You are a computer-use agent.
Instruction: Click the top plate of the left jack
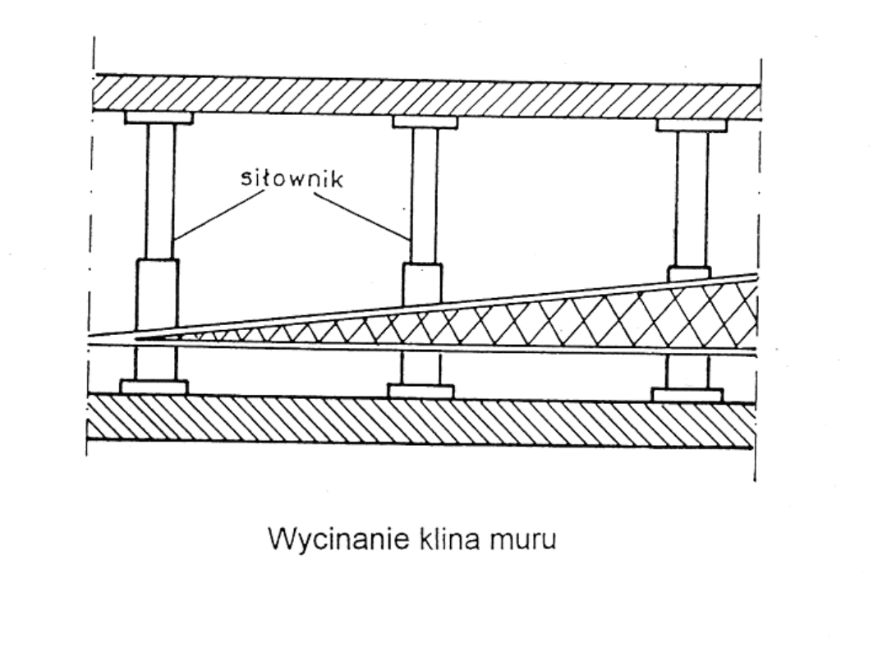coord(159,117)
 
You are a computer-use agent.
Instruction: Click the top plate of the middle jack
coord(425,122)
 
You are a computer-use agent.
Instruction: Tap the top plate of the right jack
coord(692,126)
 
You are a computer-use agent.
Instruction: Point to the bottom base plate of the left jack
coord(154,386)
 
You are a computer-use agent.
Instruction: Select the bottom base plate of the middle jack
coord(421,391)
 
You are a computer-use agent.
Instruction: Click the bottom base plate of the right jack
coord(687,395)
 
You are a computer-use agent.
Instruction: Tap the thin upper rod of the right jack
coord(692,197)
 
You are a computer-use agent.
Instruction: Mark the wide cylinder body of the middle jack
coord(422,284)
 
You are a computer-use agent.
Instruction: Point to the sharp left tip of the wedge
coord(138,337)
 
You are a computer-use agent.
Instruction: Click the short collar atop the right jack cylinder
coord(688,273)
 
